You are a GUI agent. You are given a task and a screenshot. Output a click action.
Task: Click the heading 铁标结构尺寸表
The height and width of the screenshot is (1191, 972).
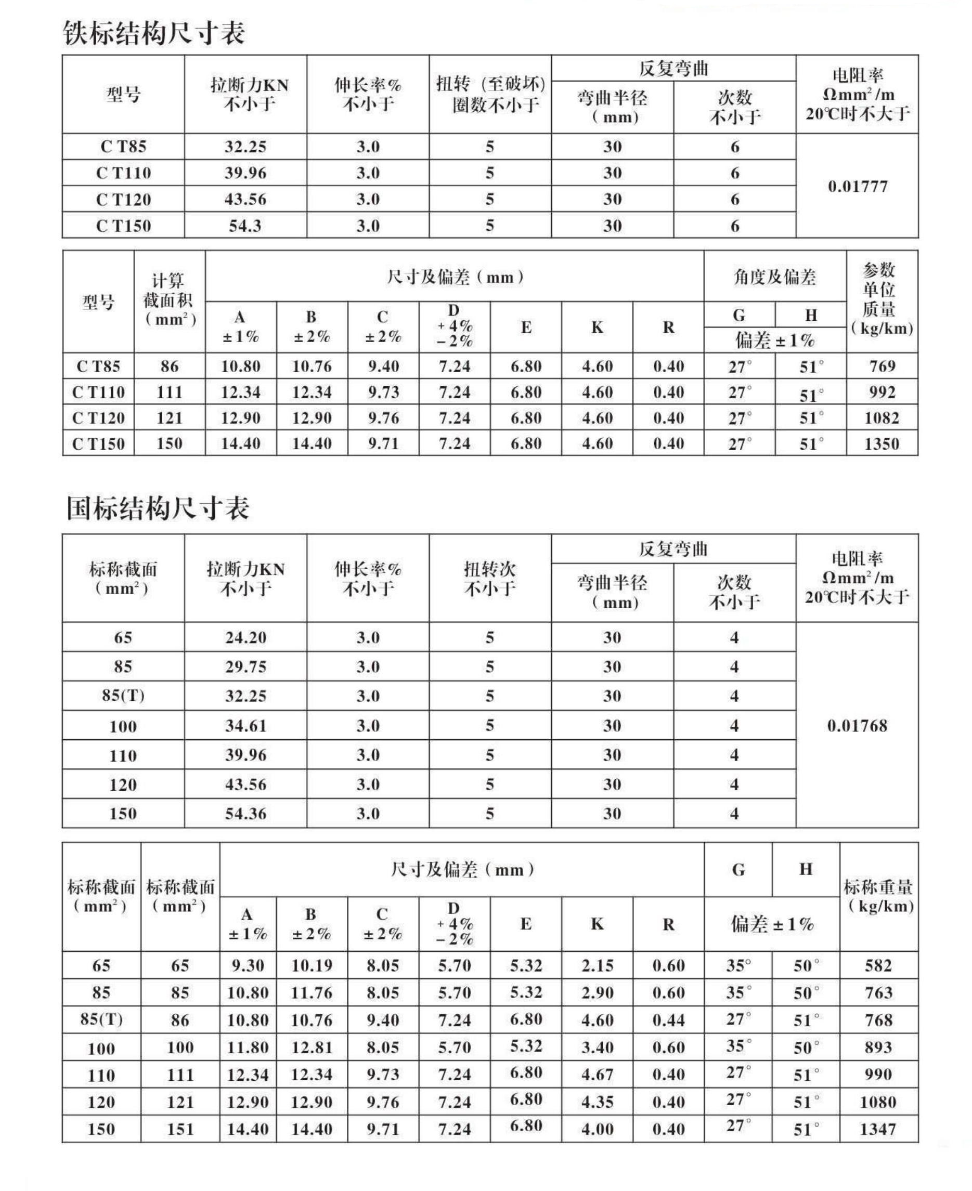pyautogui.click(x=153, y=34)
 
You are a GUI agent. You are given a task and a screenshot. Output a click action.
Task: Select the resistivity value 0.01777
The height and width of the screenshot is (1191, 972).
pyautogui.click(x=857, y=187)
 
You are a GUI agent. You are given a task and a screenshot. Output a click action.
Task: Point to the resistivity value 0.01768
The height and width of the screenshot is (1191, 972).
pyautogui.click(x=857, y=726)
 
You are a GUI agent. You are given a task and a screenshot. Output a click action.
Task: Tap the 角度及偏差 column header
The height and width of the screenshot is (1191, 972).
pyautogui.click(x=774, y=277)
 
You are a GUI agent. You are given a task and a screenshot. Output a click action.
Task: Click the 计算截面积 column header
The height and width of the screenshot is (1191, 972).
pyautogui.click(x=169, y=300)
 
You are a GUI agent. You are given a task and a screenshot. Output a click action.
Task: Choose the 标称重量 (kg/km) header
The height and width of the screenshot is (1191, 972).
pyautogui.click(x=878, y=896)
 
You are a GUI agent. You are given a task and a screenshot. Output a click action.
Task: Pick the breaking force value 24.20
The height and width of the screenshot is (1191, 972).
pyautogui.click(x=245, y=637)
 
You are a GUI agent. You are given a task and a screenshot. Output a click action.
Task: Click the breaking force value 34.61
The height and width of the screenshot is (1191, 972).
pyautogui.click(x=245, y=726)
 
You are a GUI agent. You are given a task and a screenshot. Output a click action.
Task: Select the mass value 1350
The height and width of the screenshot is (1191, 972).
pyautogui.click(x=882, y=444)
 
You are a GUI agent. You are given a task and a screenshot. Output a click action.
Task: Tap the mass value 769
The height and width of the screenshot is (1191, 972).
pyautogui.click(x=882, y=367)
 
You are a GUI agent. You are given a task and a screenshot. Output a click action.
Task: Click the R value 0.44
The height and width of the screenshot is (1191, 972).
pyautogui.click(x=668, y=1020)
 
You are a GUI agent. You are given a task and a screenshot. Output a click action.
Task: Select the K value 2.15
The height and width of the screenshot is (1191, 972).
pyautogui.click(x=597, y=965)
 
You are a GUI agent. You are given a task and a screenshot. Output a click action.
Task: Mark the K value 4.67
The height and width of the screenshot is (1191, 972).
pyautogui.click(x=597, y=1075)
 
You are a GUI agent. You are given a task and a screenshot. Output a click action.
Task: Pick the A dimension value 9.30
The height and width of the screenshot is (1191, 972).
pyautogui.click(x=248, y=965)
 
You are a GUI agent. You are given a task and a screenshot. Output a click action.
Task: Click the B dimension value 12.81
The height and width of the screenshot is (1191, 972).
pyautogui.click(x=312, y=1047)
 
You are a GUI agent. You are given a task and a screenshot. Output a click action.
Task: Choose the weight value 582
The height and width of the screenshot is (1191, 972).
pyautogui.click(x=877, y=965)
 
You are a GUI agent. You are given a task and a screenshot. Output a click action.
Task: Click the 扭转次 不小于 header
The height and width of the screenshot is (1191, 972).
pyautogui.click(x=489, y=578)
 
